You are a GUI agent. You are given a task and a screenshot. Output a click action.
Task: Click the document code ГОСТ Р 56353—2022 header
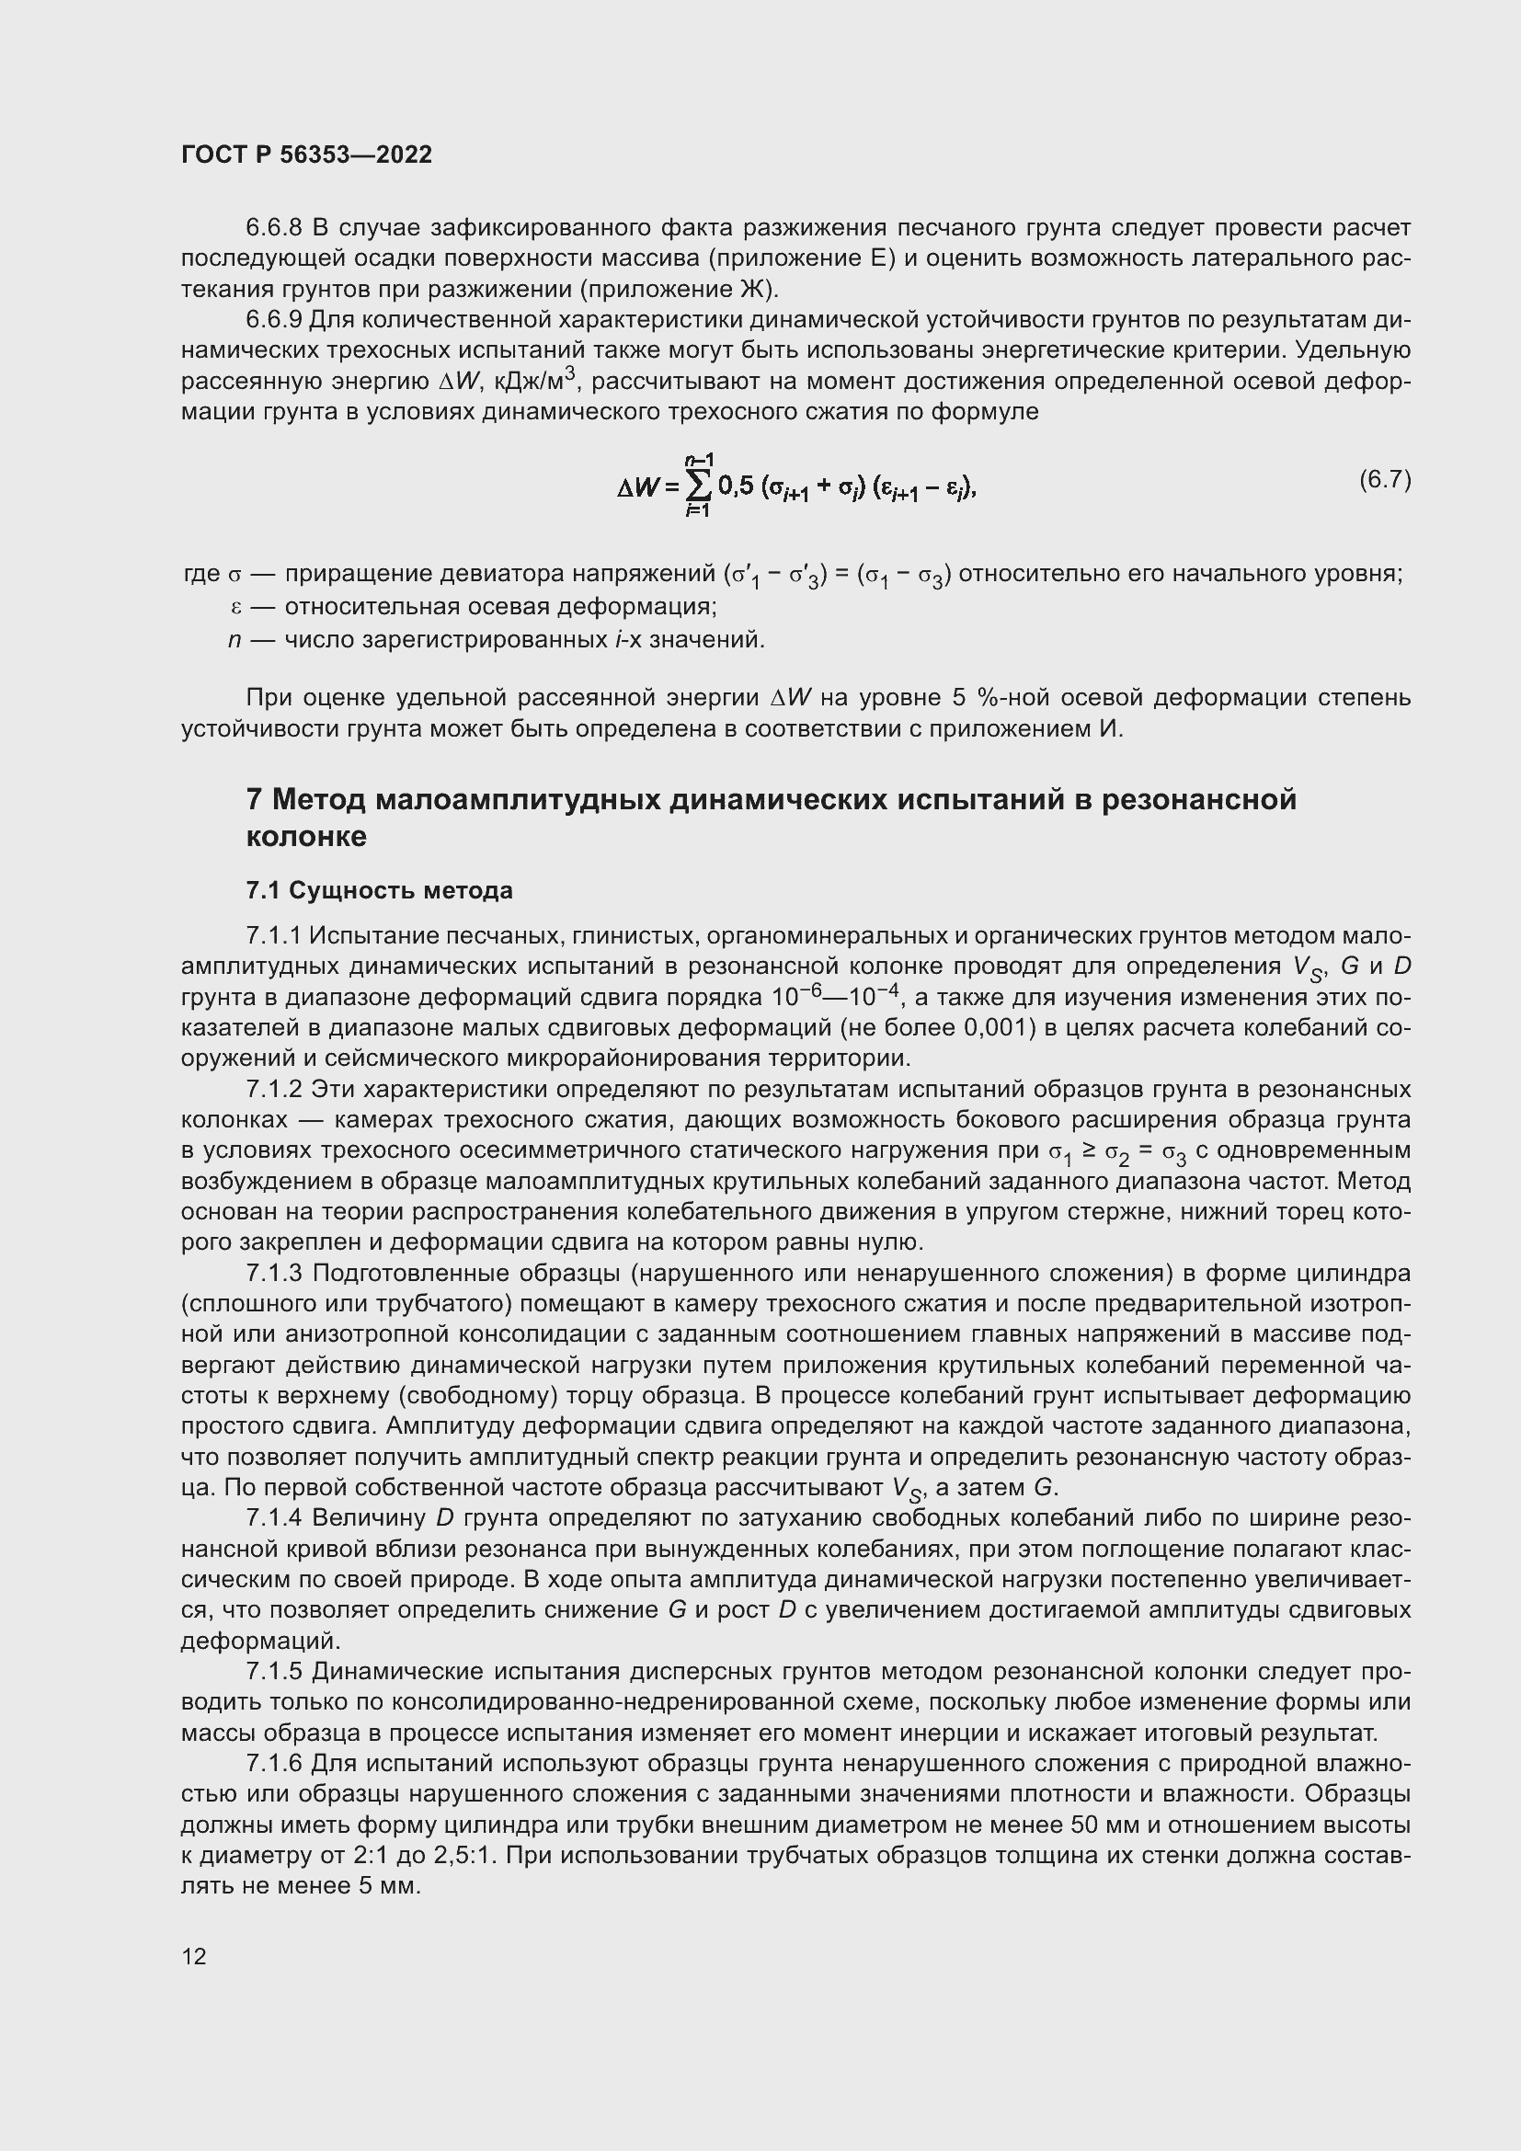click(x=306, y=154)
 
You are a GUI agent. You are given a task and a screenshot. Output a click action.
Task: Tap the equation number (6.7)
click(x=1384, y=480)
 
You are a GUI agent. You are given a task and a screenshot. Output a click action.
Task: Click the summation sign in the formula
click(x=699, y=486)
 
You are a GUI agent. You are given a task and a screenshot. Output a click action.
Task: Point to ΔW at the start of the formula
click(x=638, y=487)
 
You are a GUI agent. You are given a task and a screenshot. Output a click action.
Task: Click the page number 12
click(x=194, y=1956)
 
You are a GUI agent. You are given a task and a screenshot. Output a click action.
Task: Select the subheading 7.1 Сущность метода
click(x=379, y=890)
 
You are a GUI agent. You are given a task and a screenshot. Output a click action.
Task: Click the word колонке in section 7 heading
click(x=306, y=837)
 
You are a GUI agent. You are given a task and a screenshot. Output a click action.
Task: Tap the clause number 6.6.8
click(x=273, y=228)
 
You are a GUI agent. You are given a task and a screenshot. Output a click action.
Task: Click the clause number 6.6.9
click(x=273, y=319)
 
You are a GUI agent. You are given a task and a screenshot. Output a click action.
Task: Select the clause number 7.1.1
click(x=273, y=936)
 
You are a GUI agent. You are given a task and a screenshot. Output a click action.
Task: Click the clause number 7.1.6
click(x=273, y=1763)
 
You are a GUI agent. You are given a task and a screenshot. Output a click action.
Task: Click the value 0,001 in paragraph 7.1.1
click(x=998, y=1028)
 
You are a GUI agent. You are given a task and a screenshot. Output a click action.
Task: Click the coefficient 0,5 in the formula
click(x=737, y=486)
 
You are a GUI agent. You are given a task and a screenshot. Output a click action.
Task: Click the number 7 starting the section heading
click(x=254, y=800)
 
